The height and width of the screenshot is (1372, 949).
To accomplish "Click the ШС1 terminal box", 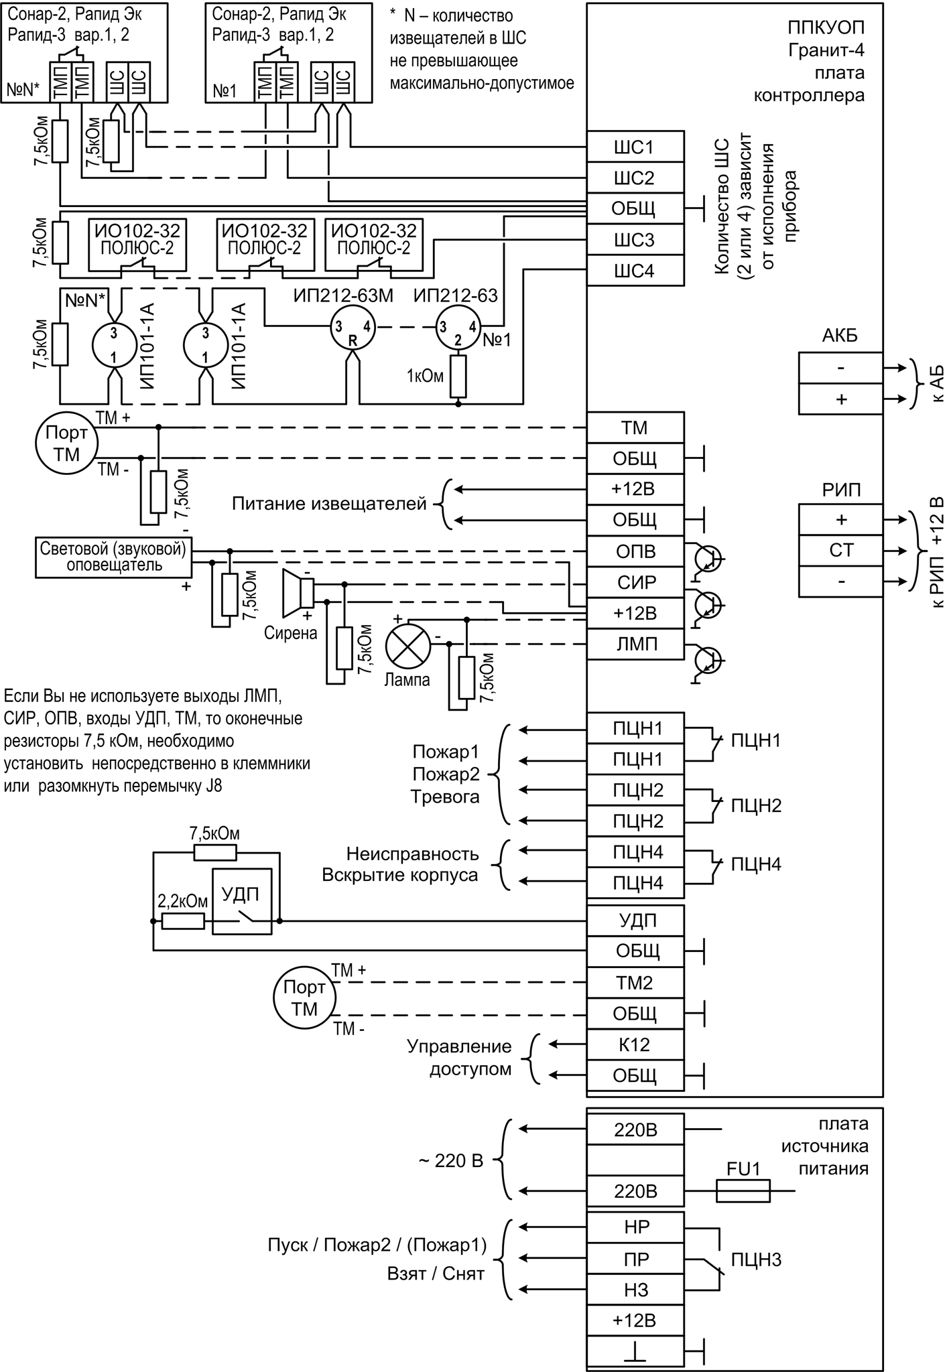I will [635, 147].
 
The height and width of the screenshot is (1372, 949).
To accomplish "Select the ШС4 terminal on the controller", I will [635, 271].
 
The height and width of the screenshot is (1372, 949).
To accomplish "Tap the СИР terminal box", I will [635, 582].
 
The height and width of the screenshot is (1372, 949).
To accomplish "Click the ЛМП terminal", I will [635, 644].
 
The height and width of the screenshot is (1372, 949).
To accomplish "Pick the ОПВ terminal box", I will [635, 551].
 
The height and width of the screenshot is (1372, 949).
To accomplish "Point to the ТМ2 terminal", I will [635, 983].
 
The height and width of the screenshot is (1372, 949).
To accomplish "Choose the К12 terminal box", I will [635, 1044].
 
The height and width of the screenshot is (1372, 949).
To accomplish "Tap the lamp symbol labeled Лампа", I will [407, 644].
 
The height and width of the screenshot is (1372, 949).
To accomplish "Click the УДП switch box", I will [242, 901].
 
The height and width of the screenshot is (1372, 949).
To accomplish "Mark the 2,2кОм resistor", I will [183, 920].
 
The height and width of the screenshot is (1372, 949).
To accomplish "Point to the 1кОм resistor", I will [458, 376].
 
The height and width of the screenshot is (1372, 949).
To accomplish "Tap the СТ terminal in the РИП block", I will [840, 551].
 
